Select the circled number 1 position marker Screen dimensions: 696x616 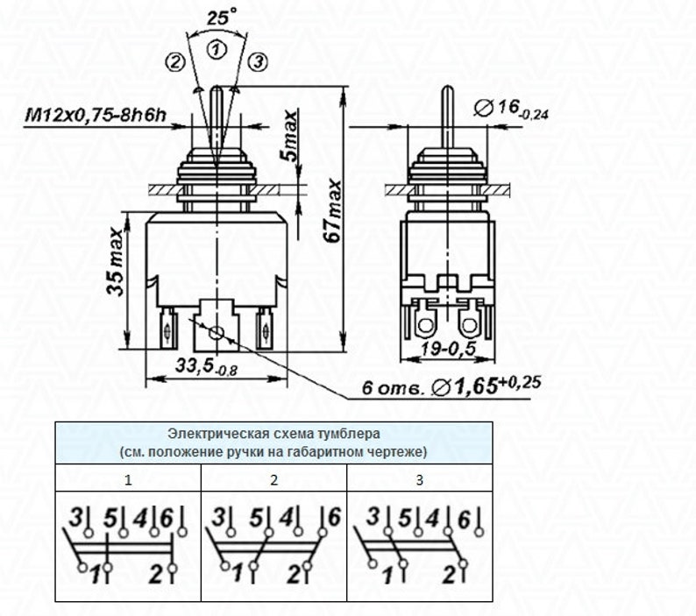[217, 49]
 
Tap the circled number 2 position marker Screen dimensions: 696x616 [175, 61]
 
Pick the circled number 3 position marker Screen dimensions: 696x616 [258, 61]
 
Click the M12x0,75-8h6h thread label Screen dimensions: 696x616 [96, 116]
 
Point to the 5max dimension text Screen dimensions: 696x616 [290, 135]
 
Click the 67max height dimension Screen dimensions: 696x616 [333, 210]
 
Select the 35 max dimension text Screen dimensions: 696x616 [115, 261]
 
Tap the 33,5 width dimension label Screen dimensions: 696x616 [206, 366]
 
